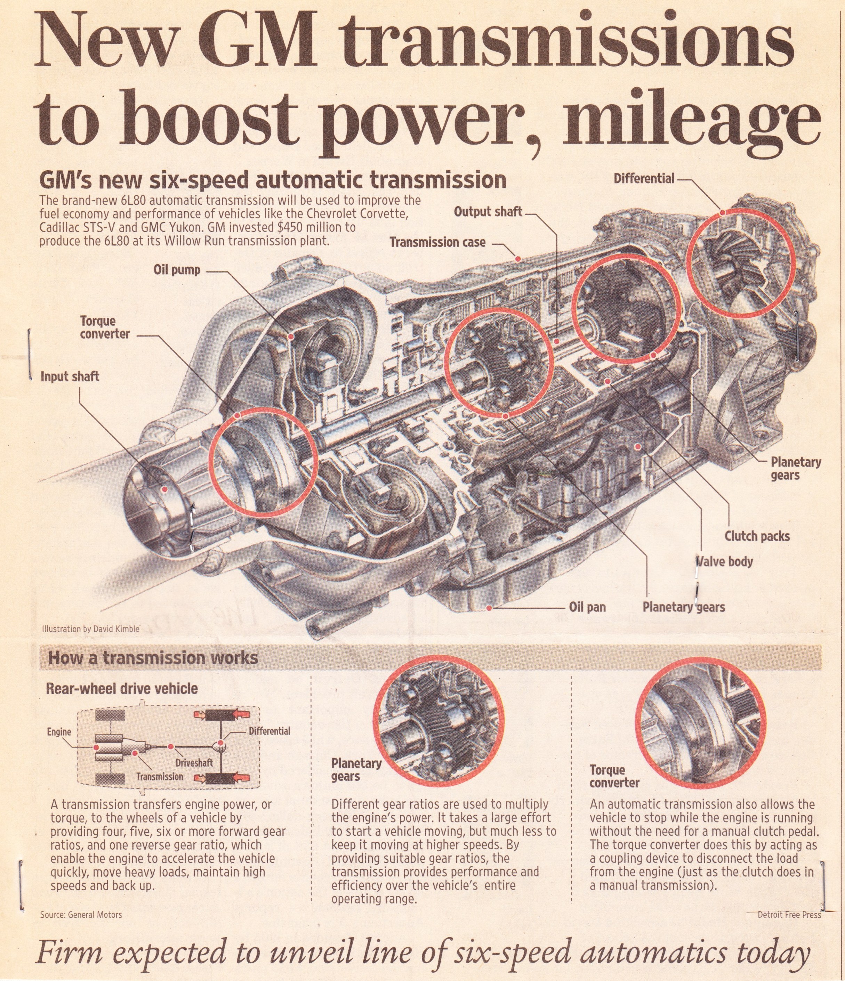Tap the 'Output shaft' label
pyautogui.click(x=488, y=212)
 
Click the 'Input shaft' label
pyautogui.click(x=70, y=376)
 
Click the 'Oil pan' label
pyautogui.click(x=587, y=607)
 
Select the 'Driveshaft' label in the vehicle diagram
pyautogui.click(x=194, y=763)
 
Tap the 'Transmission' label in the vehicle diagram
pyautogui.click(x=160, y=777)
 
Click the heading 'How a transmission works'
pyautogui.click(x=153, y=658)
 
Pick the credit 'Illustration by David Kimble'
pyautogui.click(x=90, y=629)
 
